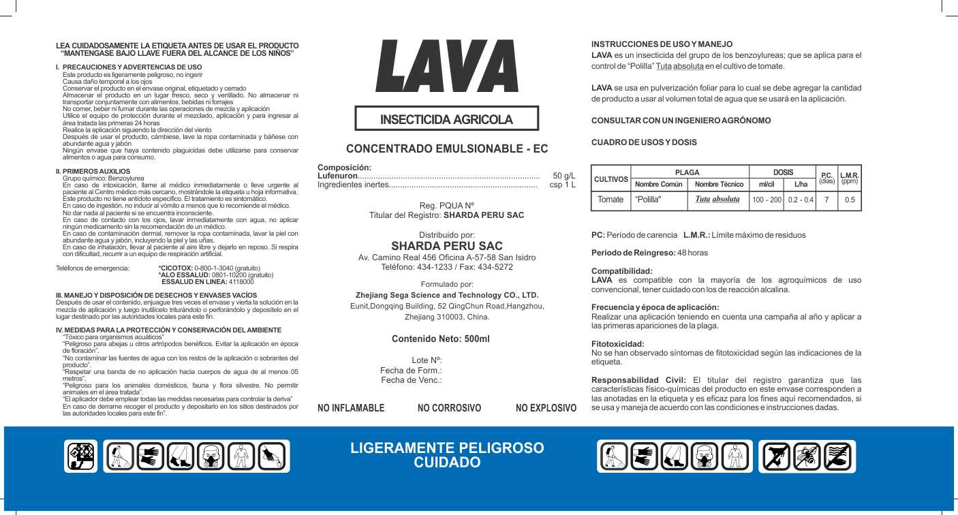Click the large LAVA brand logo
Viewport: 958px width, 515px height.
(x=447, y=66)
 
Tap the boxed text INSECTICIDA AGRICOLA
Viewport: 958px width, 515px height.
(x=446, y=119)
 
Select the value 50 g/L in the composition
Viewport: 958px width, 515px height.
(x=563, y=176)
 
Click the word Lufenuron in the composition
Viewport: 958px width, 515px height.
(x=338, y=176)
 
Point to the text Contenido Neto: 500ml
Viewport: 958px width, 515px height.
(x=440, y=339)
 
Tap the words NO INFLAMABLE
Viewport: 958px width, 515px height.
(x=351, y=408)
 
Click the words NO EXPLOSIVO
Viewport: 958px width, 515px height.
(x=546, y=408)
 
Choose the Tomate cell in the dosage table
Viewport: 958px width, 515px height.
(x=611, y=200)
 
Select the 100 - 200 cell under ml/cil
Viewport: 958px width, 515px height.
(x=767, y=200)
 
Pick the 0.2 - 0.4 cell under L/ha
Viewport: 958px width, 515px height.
(x=801, y=200)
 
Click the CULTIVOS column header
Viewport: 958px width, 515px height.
(x=611, y=178)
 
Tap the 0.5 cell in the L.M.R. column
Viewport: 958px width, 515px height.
(x=850, y=200)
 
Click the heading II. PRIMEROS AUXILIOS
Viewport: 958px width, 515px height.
(x=93, y=171)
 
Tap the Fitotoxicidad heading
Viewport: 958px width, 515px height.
(x=617, y=344)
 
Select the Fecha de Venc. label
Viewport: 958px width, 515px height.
(x=412, y=379)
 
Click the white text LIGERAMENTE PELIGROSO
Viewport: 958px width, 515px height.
(x=447, y=448)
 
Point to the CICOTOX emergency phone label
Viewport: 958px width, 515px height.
(x=176, y=268)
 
